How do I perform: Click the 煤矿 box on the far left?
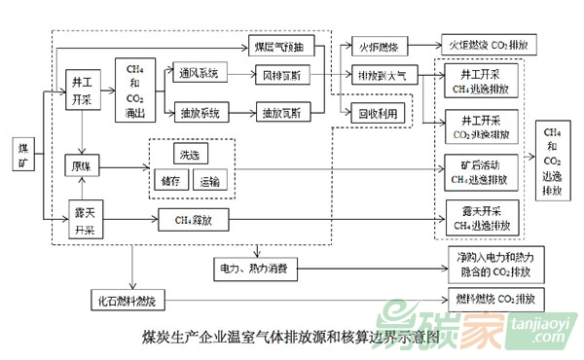25,155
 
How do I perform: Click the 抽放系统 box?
201,114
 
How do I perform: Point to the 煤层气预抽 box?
283,46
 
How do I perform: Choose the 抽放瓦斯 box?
283,114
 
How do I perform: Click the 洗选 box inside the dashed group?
188,156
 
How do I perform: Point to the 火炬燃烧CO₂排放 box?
490,46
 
